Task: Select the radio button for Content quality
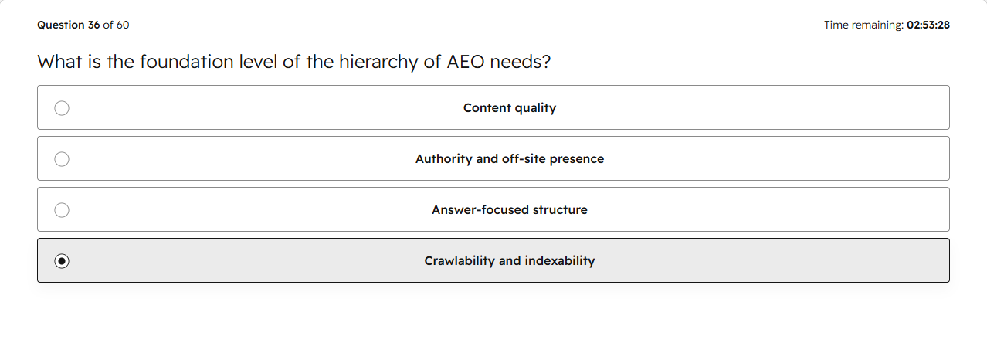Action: (x=62, y=108)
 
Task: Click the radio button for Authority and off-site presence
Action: (x=62, y=159)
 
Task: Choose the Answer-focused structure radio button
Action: (x=62, y=210)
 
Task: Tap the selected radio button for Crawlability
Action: (x=62, y=261)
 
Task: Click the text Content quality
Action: (x=510, y=108)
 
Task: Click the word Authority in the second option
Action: (x=444, y=158)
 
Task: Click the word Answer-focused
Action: (x=480, y=210)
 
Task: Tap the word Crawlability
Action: (x=460, y=261)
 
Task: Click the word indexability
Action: (x=560, y=261)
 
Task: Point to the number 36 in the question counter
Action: (x=94, y=25)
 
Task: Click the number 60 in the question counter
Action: (x=123, y=25)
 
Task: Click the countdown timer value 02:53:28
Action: (x=928, y=25)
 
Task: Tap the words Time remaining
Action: (x=863, y=25)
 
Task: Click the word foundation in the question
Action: (x=187, y=62)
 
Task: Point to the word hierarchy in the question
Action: (x=378, y=63)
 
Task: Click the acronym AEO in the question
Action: (x=465, y=62)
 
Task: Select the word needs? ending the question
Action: (x=521, y=62)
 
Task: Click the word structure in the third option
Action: (x=560, y=210)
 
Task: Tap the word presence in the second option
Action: (x=577, y=159)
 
